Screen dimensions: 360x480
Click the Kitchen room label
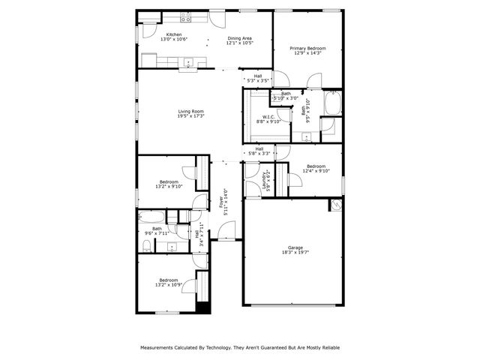click(x=174, y=34)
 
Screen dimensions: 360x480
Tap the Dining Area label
click(x=240, y=38)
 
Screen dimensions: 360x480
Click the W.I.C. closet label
click(x=267, y=116)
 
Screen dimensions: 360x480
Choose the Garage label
click(x=295, y=247)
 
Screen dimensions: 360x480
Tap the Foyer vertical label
click(x=220, y=202)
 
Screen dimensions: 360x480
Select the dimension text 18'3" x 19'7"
click(x=295, y=253)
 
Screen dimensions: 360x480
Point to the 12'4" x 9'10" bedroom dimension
click(x=316, y=171)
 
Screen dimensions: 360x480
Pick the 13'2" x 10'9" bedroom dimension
click(x=168, y=285)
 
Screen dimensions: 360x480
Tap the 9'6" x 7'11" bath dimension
click(x=157, y=234)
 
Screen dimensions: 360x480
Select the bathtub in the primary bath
click(x=333, y=101)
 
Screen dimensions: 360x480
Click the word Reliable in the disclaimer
click(x=327, y=349)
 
